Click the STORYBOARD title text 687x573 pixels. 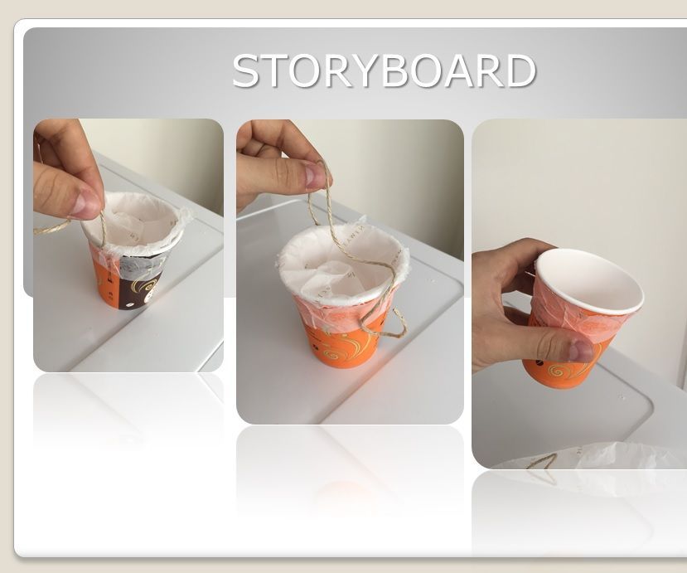pos(384,70)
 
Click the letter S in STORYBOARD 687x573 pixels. pos(244,70)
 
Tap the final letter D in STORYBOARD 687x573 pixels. pos(520,70)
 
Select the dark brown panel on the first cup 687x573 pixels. pos(140,286)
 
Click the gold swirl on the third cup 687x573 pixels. pos(557,371)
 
